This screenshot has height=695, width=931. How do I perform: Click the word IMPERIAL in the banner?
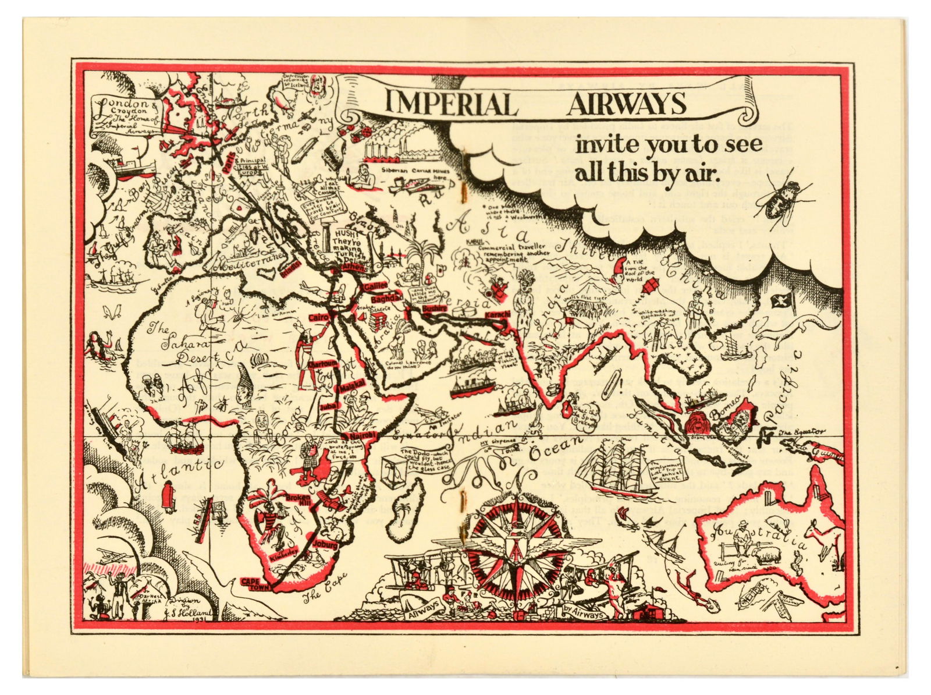tap(451, 105)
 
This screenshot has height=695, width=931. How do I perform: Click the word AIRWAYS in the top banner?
tap(626, 104)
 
